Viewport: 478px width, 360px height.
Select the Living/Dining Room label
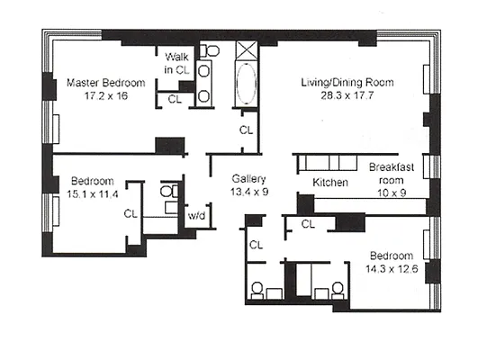(347, 84)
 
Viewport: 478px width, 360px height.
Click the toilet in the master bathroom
(209, 50)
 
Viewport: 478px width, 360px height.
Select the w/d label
(196, 215)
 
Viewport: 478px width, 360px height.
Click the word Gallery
(246, 178)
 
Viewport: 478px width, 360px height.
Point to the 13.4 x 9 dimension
(246, 190)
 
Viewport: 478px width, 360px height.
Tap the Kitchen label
(330, 183)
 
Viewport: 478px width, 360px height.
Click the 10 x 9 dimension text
(392, 190)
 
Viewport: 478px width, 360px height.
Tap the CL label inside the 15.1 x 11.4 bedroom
(130, 213)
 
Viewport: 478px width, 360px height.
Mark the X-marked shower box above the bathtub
(246, 50)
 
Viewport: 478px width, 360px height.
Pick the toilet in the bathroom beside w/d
(167, 192)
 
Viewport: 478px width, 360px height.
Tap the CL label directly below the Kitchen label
(308, 222)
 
